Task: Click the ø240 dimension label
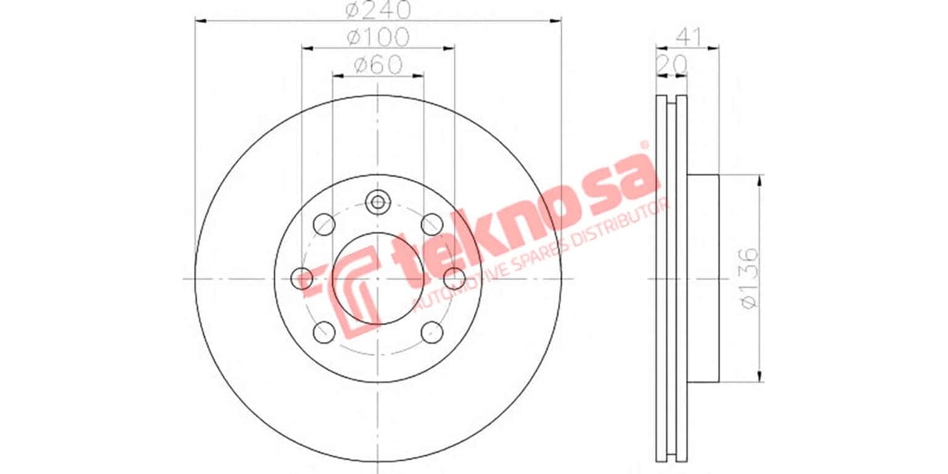pos(378,9)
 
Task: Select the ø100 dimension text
pos(378,36)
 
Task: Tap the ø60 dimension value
pos(378,65)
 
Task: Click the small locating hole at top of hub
pos(378,201)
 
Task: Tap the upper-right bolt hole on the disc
pos(431,225)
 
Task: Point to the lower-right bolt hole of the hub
pos(431,332)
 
